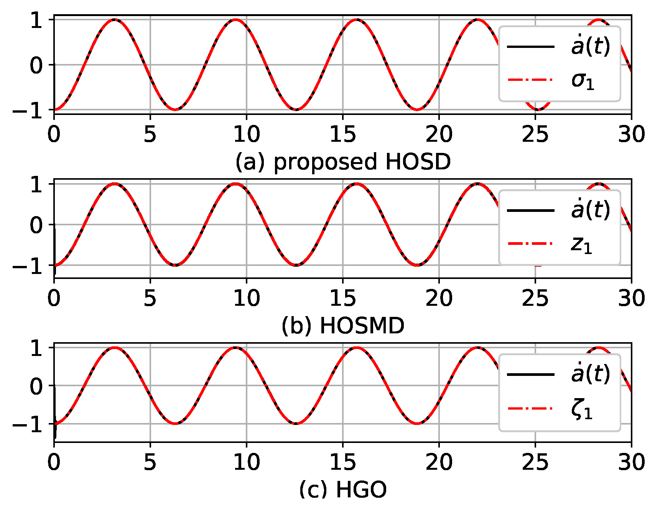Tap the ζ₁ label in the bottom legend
pyautogui.click(x=582, y=410)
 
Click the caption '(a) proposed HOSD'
pyautogui.click(x=343, y=162)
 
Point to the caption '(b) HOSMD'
pyautogui.click(x=343, y=326)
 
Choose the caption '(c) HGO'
pyautogui.click(x=343, y=490)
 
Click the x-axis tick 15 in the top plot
pyautogui.click(x=343, y=134)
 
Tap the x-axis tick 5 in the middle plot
pyautogui.click(x=150, y=298)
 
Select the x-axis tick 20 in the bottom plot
pyautogui.click(x=439, y=462)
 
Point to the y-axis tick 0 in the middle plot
pyautogui.click(x=37, y=225)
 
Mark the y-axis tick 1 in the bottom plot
pyautogui.click(x=37, y=349)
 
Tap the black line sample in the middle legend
pyautogui.click(x=531, y=210)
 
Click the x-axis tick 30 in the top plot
pyautogui.click(x=631, y=134)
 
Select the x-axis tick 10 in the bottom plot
pyautogui.click(x=247, y=462)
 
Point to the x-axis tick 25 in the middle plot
pyautogui.click(x=535, y=298)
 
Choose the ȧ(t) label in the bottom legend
pyautogui.click(x=590, y=374)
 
